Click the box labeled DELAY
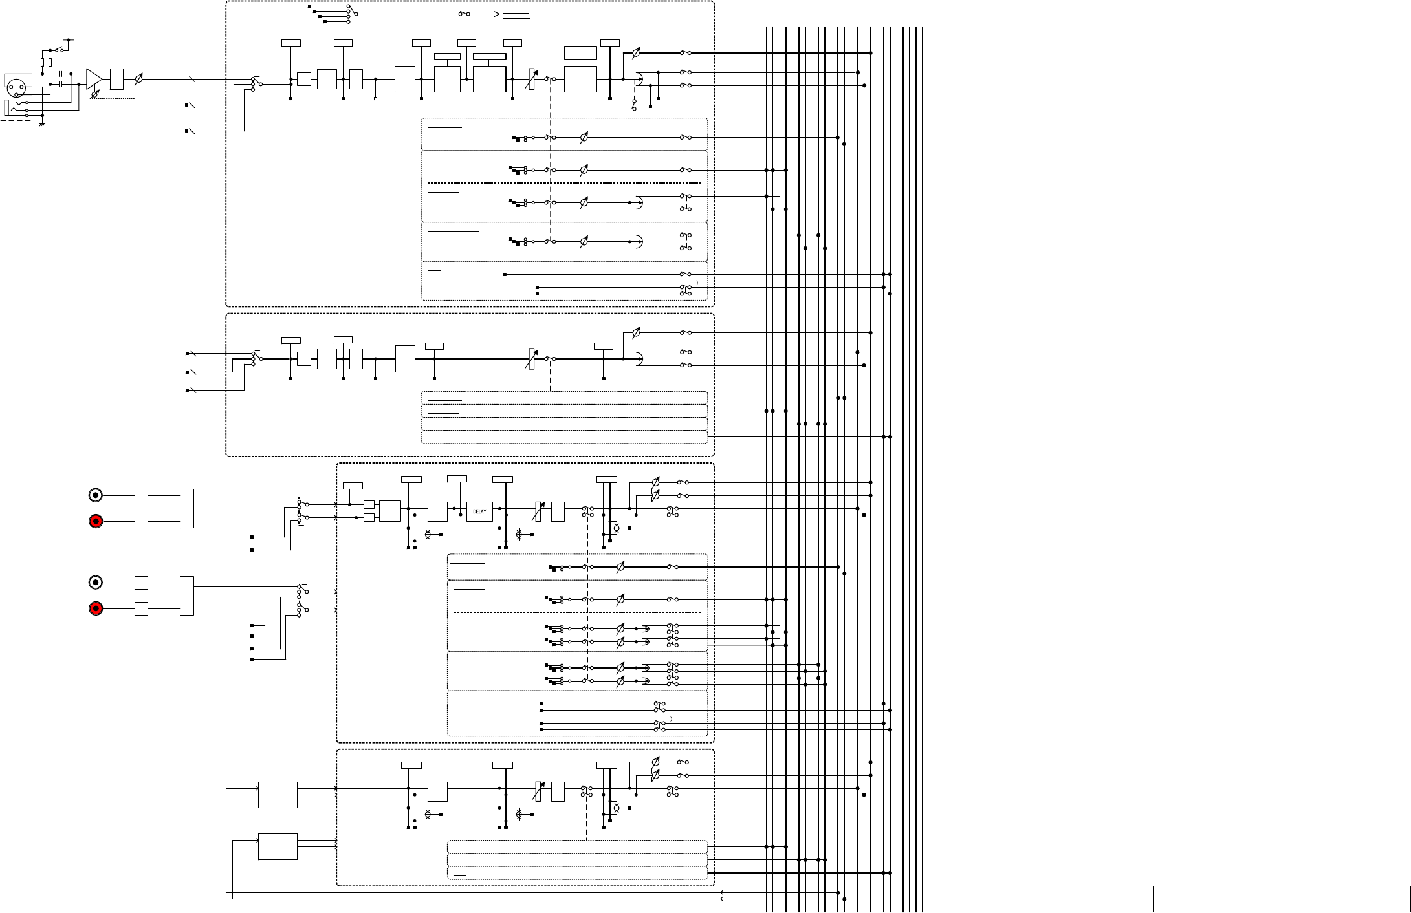tap(479, 511)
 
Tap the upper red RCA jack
tap(96, 521)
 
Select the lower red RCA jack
tap(96, 608)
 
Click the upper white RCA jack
tap(96, 495)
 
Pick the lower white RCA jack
tap(96, 583)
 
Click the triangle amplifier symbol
tap(94, 79)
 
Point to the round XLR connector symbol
tap(15, 85)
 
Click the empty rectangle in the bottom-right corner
tap(1281, 899)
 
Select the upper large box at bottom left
tap(278, 795)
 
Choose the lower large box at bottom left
tap(278, 846)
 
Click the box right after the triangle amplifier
tap(117, 79)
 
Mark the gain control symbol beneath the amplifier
tap(95, 94)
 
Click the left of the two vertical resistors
tap(43, 62)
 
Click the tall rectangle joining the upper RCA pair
tap(187, 508)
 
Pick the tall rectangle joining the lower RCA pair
tap(187, 596)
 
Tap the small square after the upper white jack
tap(141, 495)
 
